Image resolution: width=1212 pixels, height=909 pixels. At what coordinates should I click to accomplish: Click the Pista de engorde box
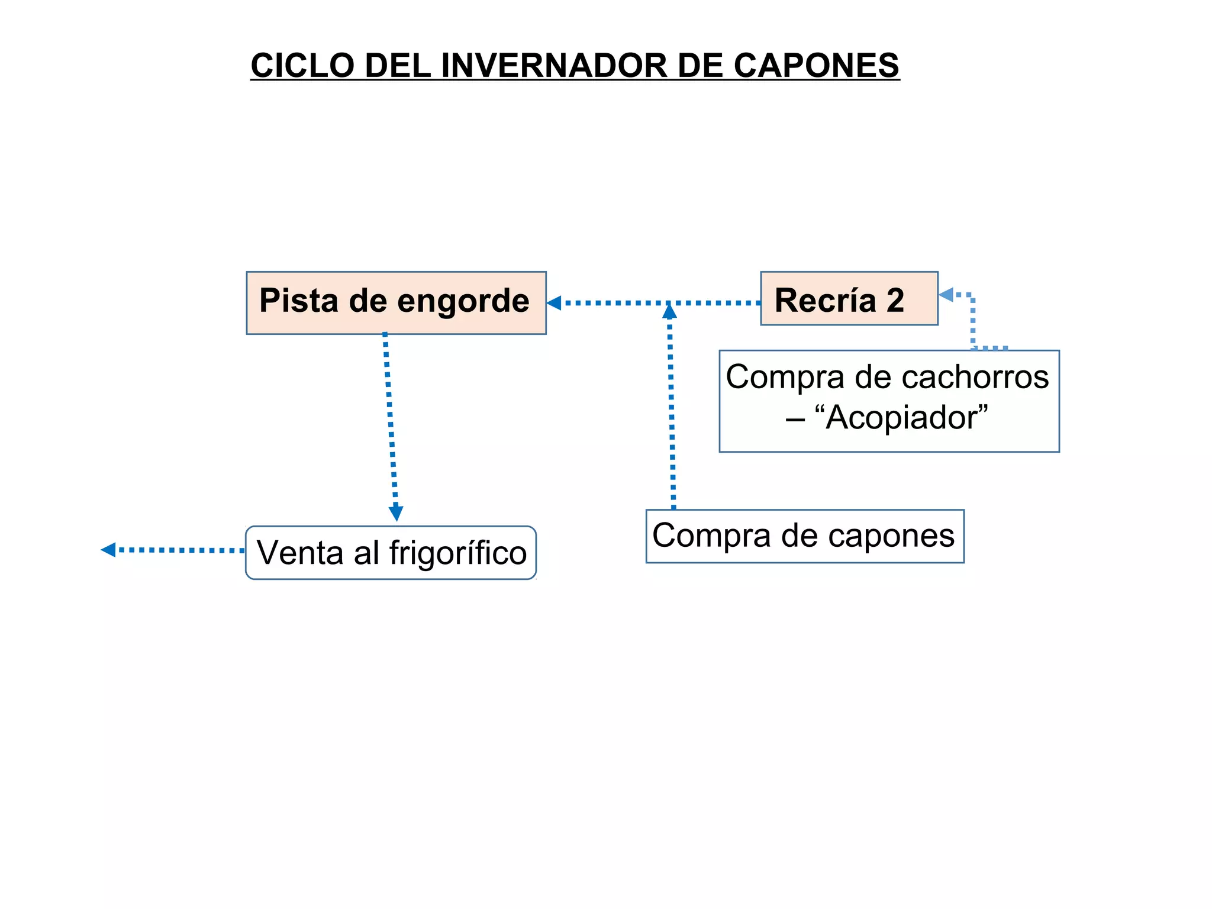tap(396, 303)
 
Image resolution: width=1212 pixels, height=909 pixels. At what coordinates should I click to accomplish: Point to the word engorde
tap(463, 301)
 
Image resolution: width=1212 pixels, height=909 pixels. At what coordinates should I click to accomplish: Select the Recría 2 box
tap(849, 298)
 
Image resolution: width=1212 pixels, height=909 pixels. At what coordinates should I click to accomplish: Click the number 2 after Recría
tap(895, 300)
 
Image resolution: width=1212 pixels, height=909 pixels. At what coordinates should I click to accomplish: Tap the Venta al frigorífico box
tap(391, 553)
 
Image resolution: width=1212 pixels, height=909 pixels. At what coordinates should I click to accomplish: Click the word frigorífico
tap(457, 553)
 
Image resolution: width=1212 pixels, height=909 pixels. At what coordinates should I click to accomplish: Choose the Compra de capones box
tap(804, 536)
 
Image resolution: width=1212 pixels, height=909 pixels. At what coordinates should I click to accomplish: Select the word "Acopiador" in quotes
tap(901, 418)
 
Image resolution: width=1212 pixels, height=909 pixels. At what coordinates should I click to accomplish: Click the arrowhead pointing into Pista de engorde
tap(554, 303)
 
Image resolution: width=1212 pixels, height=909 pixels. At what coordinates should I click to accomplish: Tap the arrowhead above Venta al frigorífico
tap(396, 512)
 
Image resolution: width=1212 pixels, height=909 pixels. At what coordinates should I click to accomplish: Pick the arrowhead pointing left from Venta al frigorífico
tap(108, 550)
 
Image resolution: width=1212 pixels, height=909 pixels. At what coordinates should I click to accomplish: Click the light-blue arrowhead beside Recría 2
tap(946, 294)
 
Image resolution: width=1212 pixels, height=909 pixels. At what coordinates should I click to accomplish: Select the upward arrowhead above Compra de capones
tap(669, 311)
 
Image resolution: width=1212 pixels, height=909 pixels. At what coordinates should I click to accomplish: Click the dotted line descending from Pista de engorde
tap(390, 420)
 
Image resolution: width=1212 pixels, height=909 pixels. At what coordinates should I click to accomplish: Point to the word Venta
tap(300, 553)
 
